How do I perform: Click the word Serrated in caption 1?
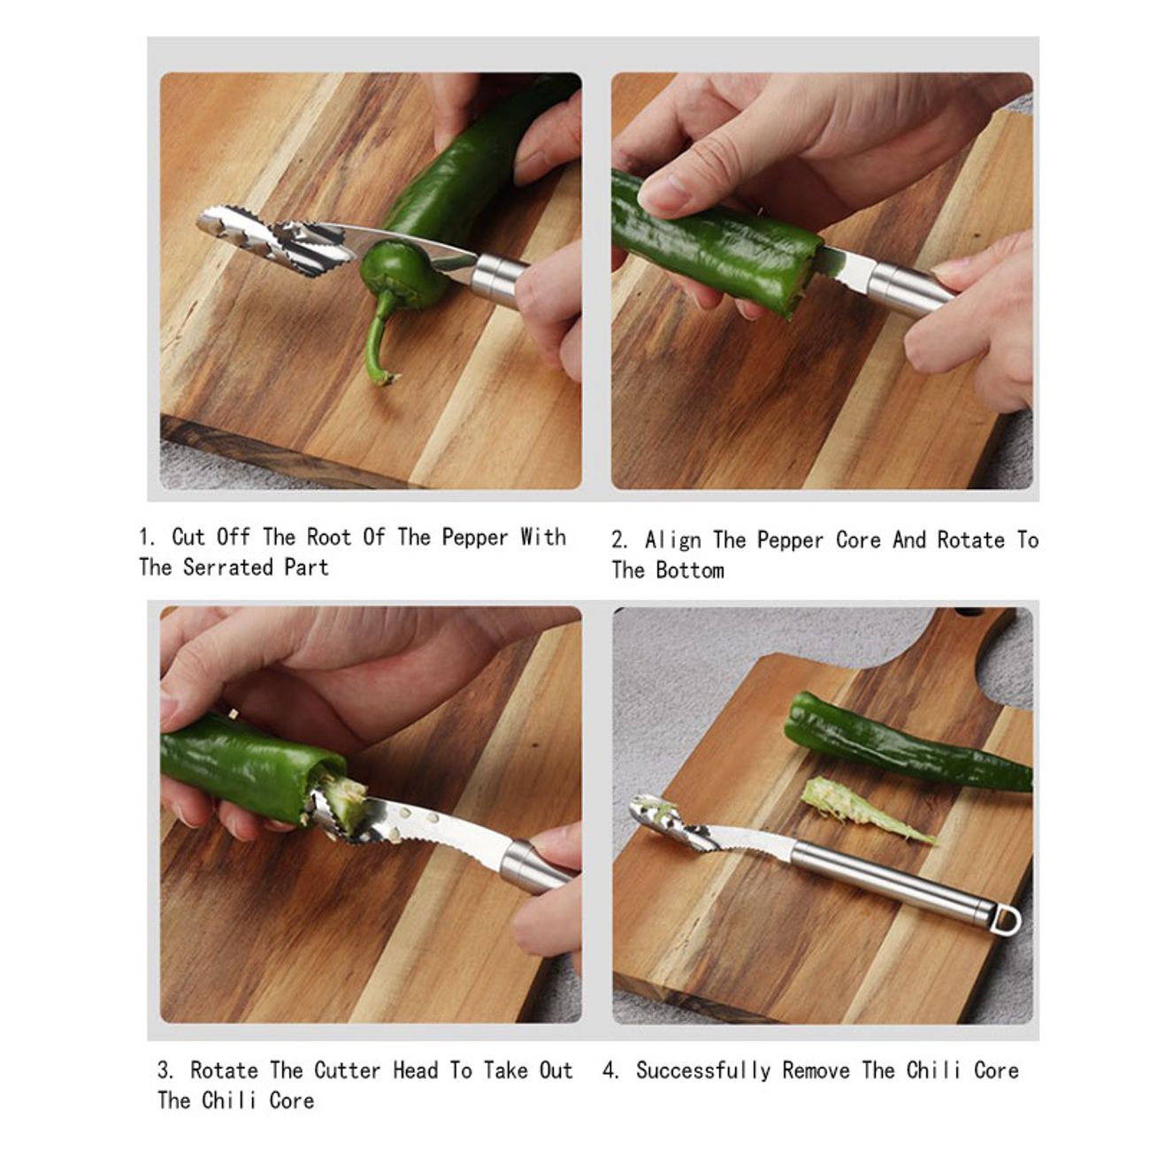pyautogui.click(x=227, y=567)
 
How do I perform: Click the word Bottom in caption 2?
pyautogui.click(x=690, y=570)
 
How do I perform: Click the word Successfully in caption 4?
pyautogui.click(x=703, y=1070)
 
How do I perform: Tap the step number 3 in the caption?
pyautogui.click(x=165, y=1070)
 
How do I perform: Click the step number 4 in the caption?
pyautogui.click(x=609, y=1070)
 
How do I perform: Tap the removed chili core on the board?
pyautogui.click(x=862, y=809)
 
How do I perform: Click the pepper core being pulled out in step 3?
pyautogui.click(x=342, y=799)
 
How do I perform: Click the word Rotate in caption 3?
pyautogui.click(x=224, y=1070)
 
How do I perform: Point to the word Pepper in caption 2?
pyautogui.click(x=791, y=540)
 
